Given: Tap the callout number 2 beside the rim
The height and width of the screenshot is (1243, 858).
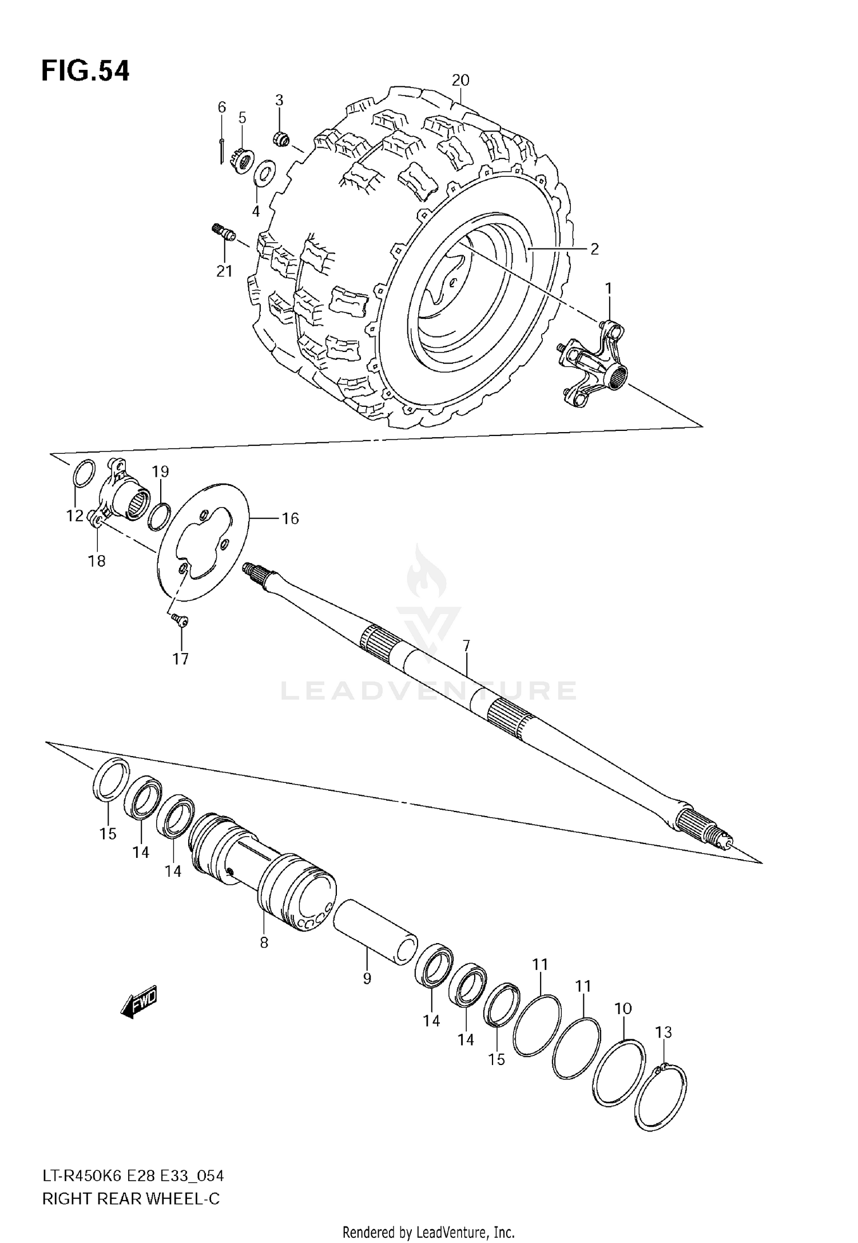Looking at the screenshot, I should pyautogui.click(x=594, y=249).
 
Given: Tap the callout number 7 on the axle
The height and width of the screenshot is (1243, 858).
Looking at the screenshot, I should pyautogui.click(x=466, y=646).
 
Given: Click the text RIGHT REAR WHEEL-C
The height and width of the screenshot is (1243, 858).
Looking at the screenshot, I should pyautogui.click(x=131, y=1199).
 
